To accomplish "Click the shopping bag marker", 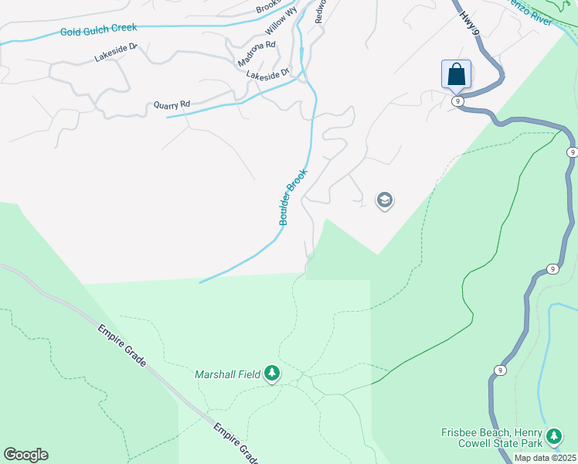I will (x=457, y=75).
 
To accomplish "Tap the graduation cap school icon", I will (x=384, y=201).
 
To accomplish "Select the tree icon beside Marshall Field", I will (x=271, y=374).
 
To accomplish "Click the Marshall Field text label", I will (x=227, y=375).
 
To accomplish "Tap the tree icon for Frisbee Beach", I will (x=553, y=437).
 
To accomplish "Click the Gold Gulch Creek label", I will (x=98, y=29).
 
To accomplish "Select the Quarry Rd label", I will (x=172, y=104).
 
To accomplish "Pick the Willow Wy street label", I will (x=280, y=21).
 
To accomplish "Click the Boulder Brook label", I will (x=294, y=197).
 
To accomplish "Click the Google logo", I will (x=25, y=455).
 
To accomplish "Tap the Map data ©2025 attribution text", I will (x=545, y=458).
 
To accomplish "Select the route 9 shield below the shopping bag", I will (x=458, y=101).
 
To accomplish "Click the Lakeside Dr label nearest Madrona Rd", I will (x=267, y=74).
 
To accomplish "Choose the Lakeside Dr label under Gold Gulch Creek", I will (x=115, y=52).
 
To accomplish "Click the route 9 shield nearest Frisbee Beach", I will (x=501, y=370).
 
